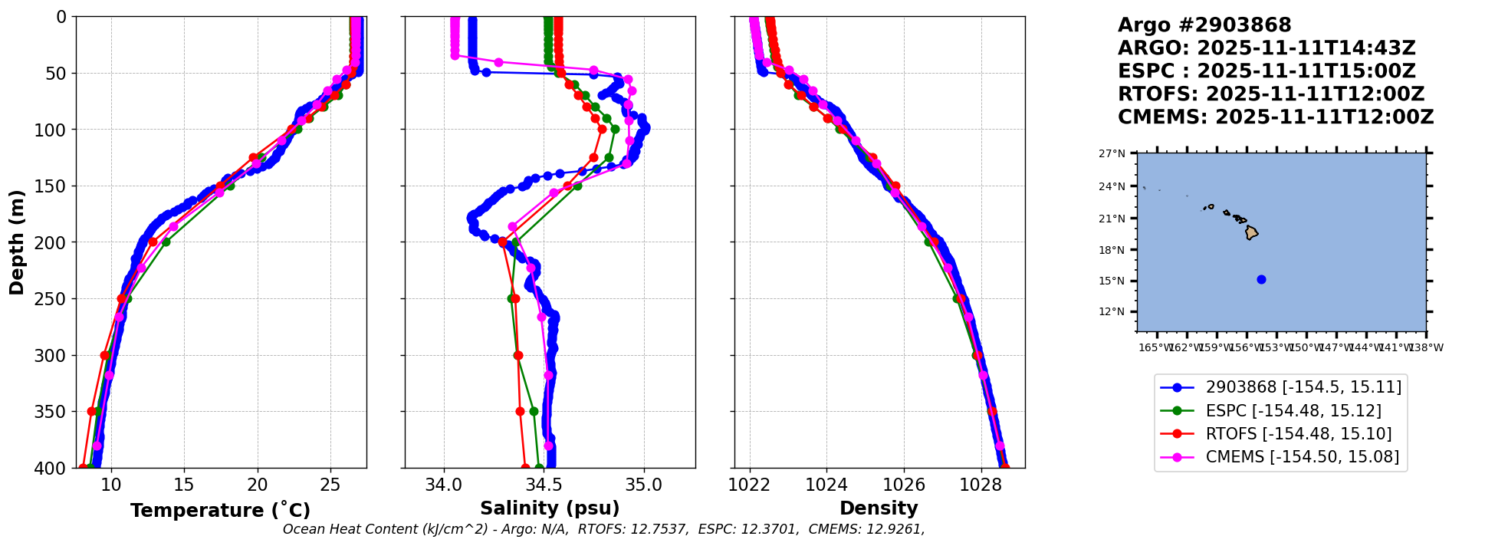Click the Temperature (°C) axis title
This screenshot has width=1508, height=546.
(220, 510)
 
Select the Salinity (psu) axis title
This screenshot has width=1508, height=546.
(550, 508)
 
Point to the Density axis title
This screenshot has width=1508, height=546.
(879, 508)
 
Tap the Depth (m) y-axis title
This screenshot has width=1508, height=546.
(16, 242)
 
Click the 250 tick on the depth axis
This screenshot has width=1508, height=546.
(54, 299)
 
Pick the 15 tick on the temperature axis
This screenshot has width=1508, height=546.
(184, 485)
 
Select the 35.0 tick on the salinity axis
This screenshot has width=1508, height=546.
(644, 485)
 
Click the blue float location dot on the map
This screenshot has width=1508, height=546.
(1261, 280)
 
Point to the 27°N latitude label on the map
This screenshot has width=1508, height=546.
(1112, 154)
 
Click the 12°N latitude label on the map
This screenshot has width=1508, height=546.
(1112, 312)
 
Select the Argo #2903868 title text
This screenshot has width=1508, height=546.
(1204, 25)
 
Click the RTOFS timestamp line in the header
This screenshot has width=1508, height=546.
(1271, 94)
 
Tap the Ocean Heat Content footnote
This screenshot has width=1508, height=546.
(603, 529)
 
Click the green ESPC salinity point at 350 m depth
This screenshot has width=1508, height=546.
(534, 411)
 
